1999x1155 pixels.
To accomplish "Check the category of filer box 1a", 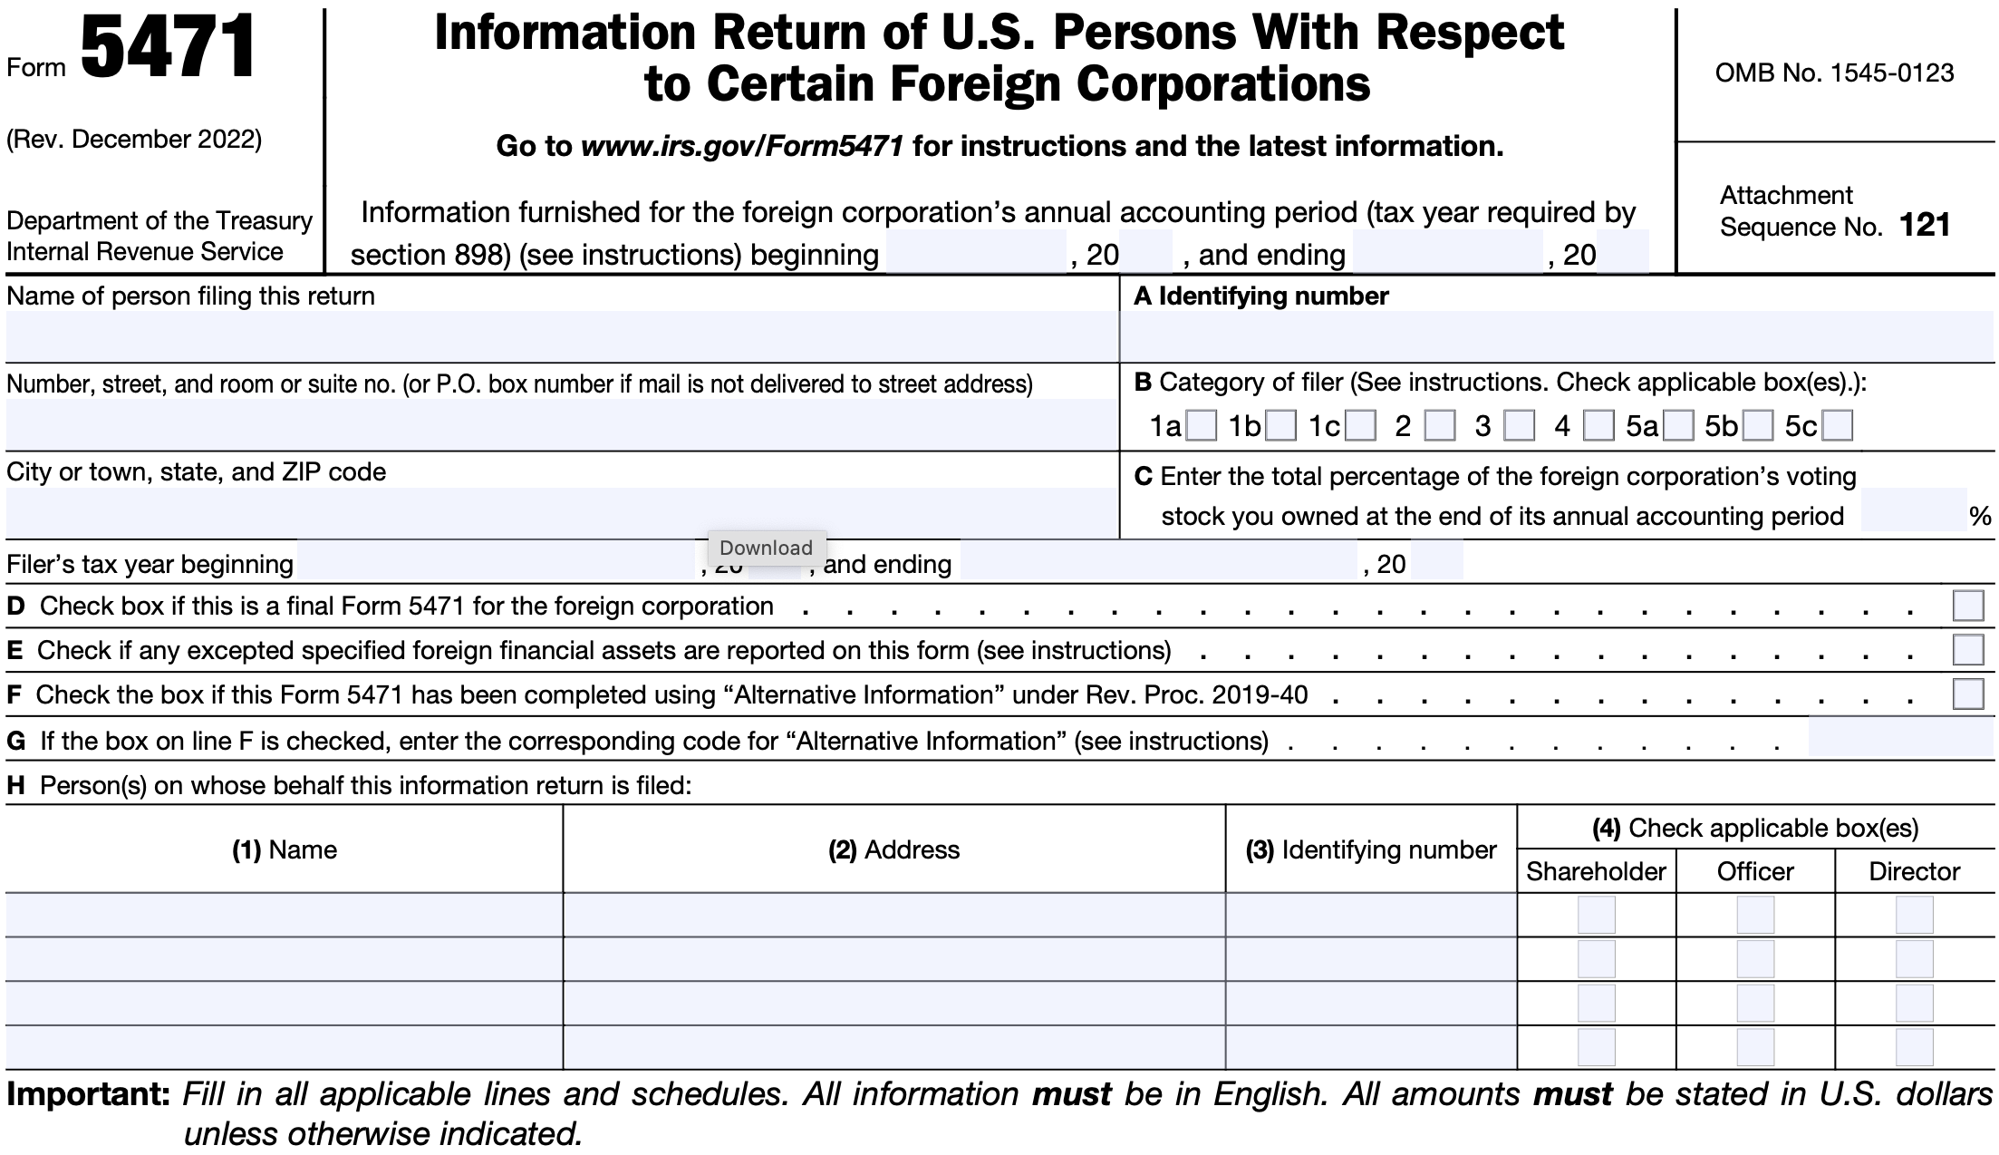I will [x=1202, y=426].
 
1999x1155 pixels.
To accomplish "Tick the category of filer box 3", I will [x=1520, y=426].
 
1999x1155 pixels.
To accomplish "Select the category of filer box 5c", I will [x=1838, y=426].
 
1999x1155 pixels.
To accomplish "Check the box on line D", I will [x=1968, y=606].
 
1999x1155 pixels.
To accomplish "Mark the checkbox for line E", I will [x=1968, y=650].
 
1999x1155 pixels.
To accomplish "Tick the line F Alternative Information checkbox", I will [x=1968, y=694].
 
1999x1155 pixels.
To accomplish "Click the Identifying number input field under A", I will [x=1557, y=337].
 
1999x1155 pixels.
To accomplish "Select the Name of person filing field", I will [x=562, y=337].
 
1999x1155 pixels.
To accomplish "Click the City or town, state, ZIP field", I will [x=562, y=513].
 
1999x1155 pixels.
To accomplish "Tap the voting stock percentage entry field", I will [x=1913, y=511].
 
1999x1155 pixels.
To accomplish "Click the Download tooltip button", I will [x=767, y=548].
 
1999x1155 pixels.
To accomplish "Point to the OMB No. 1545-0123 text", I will [x=1834, y=73].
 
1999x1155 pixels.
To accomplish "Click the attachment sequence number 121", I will [x=1924, y=225].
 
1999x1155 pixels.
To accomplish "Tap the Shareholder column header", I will [x=1596, y=871].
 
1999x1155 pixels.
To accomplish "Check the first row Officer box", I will [x=1755, y=915].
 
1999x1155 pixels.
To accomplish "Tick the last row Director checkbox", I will [x=1914, y=1047].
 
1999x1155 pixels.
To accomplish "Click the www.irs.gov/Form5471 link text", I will [x=742, y=146].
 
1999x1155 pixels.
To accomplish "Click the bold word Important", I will [x=88, y=1094].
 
